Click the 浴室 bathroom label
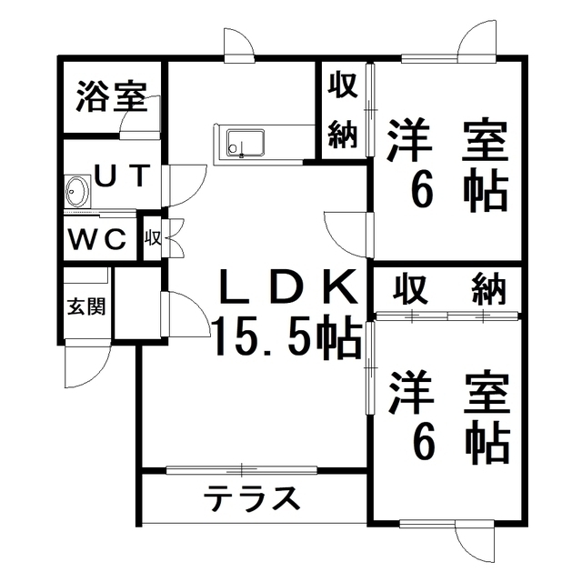tap(112, 97)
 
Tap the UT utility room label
tap(123, 176)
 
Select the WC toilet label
tap(97, 239)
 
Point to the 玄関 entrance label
tap(86, 306)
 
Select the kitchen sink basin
tap(246, 143)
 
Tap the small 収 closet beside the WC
tap(153, 238)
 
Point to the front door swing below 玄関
tap(87, 364)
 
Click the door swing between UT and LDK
tap(185, 186)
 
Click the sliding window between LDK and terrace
tap(242, 470)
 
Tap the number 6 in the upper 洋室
tap(422, 191)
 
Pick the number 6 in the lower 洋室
tap(422, 442)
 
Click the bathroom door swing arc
tap(140, 117)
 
